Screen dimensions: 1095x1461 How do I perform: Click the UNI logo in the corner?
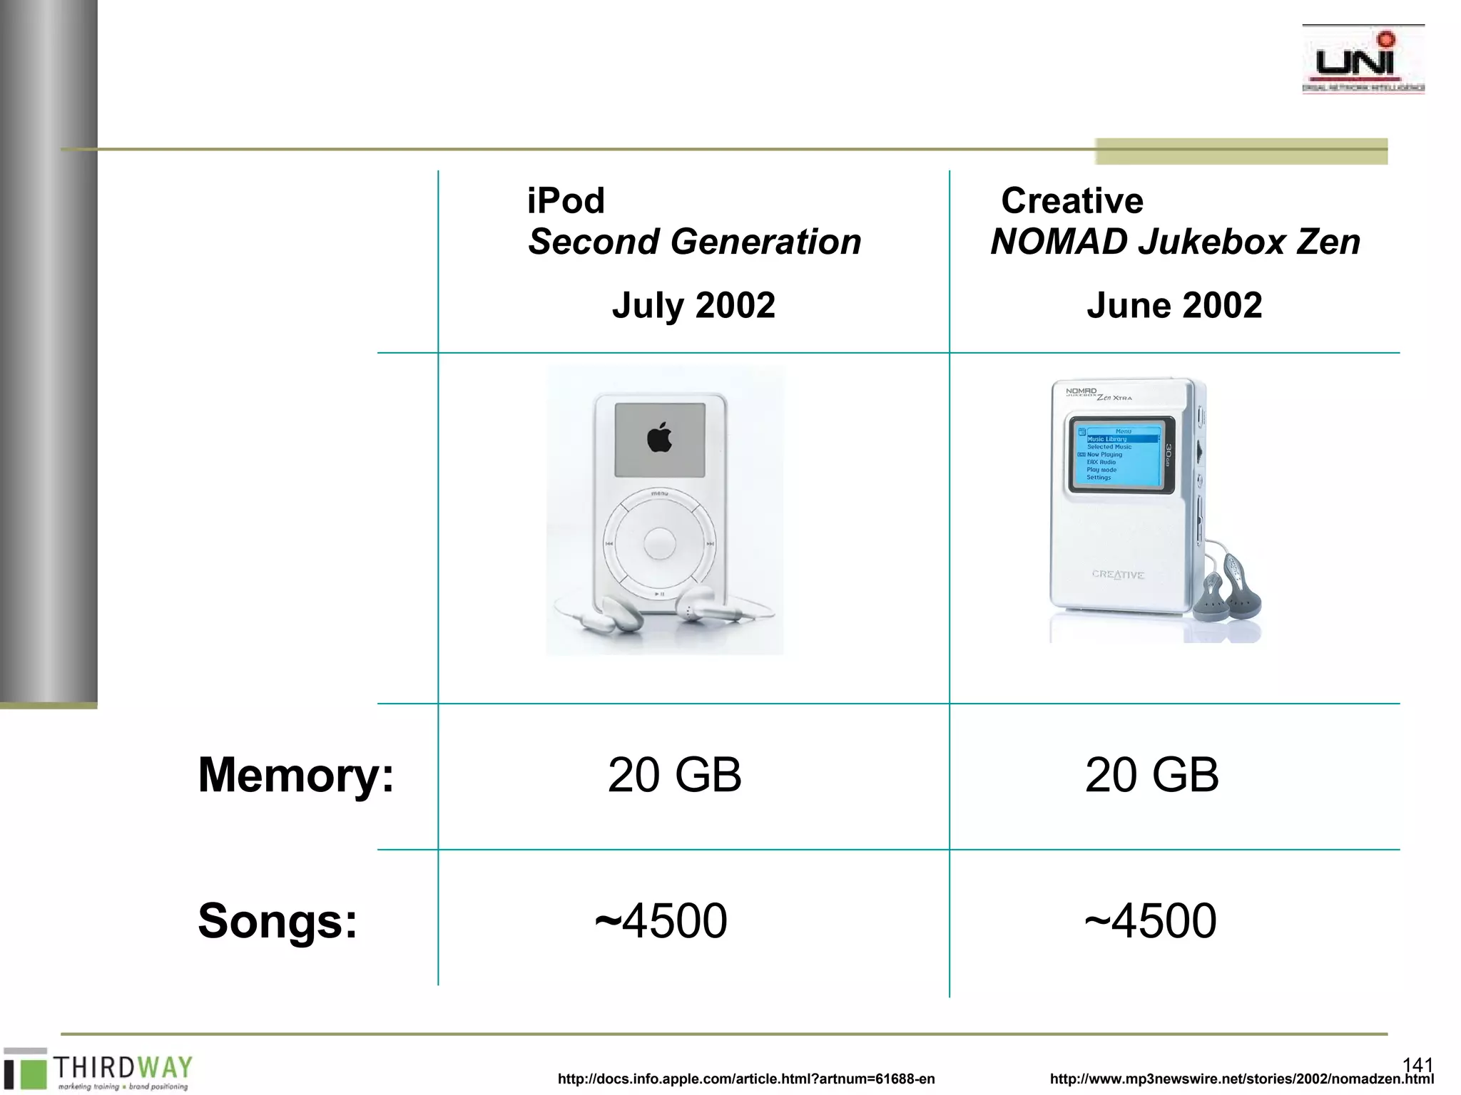tap(1363, 61)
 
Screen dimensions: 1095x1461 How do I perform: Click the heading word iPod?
tap(566, 200)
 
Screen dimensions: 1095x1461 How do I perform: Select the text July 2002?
tap(693, 305)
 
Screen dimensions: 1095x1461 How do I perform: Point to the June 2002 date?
tap(1174, 305)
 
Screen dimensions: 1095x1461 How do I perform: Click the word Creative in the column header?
tap(1071, 200)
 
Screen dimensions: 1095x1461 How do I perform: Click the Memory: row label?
tap(295, 775)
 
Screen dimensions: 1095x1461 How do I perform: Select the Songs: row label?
tap(278, 920)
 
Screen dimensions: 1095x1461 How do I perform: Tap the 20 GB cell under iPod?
tap(674, 775)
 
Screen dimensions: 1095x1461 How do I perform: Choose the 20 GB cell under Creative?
tap(1151, 775)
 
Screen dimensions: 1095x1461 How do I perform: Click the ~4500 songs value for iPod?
tap(661, 920)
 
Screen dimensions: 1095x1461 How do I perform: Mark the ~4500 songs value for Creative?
tap(1151, 920)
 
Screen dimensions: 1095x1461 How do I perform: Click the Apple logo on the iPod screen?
tap(660, 437)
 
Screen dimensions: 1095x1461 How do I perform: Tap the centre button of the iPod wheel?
tap(659, 544)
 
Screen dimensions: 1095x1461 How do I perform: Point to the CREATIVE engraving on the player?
tap(1118, 575)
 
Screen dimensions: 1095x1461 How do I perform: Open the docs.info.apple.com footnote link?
tap(746, 1079)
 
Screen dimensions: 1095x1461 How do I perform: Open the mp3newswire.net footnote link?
tap(1241, 1079)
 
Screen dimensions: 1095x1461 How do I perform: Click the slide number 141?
tap(1417, 1065)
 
